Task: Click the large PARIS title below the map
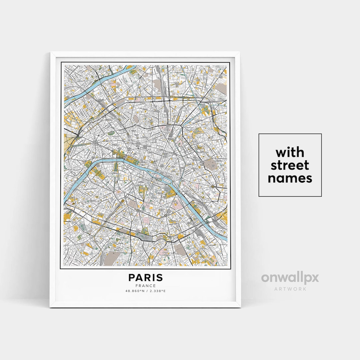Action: click(x=146, y=277)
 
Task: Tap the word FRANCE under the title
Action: click(x=146, y=286)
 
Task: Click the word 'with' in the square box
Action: click(x=290, y=153)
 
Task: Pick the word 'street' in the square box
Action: click(x=290, y=165)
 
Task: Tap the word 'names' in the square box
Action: click(x=290, y=178)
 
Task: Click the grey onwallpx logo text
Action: click(x=290, y=278)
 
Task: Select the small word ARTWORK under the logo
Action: click(x=290, y=289)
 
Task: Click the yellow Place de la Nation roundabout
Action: click(x=212, y=186)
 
